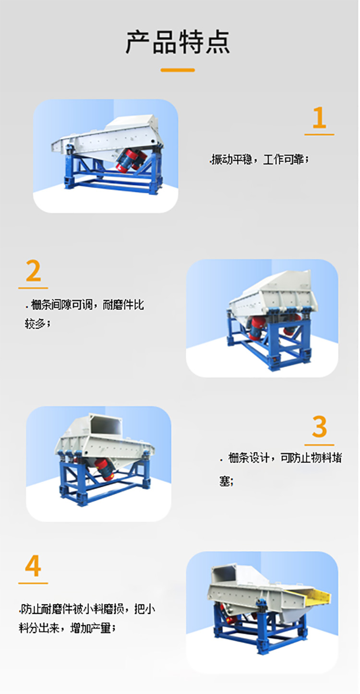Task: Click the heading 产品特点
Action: (178, 42)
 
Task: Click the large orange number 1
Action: (319, 119)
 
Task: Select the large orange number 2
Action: (33, 272)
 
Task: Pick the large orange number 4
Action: (33, 567)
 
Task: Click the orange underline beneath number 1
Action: (319, 134)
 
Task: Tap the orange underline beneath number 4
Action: (33, 583)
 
